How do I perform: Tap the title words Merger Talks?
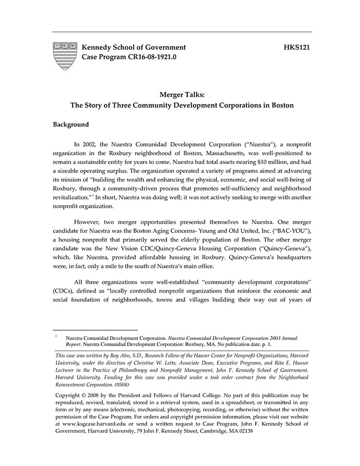(182, 95)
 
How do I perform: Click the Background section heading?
(71, 124)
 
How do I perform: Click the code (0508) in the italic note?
(119, 384)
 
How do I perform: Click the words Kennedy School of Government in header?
(134, 47)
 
